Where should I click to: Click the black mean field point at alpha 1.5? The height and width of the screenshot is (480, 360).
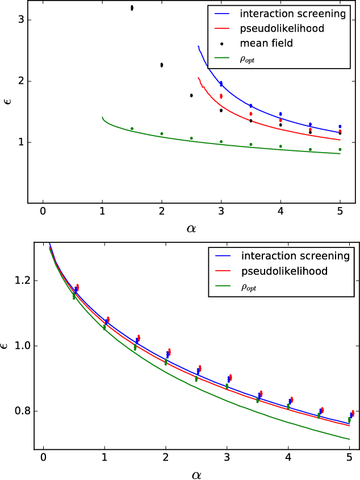(x=132, y=8)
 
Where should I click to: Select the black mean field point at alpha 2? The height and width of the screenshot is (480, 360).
(x=162, y=65)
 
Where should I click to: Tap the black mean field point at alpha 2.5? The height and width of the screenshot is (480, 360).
(x=191, y=95)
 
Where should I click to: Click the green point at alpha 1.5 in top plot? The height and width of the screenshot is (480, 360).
(x=132, y=129)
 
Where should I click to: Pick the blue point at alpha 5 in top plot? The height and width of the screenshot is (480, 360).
(x=340, y=127)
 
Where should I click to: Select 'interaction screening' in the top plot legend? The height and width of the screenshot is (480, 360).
(x=293, y=13)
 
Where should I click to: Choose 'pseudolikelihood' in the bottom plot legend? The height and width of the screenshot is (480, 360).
(x=284, y=271)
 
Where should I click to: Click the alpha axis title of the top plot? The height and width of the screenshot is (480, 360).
(x=191, y=228)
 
